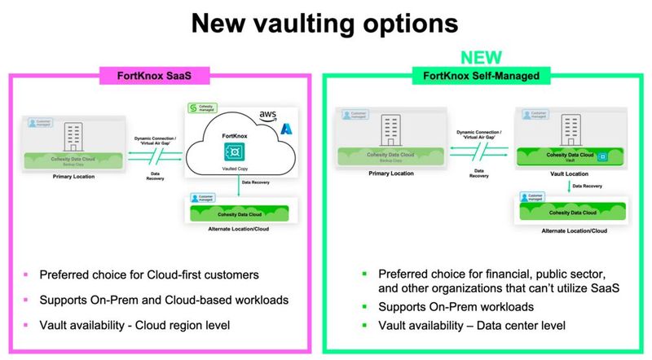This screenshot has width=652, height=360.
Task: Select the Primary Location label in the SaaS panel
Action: [x=71, y=173]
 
